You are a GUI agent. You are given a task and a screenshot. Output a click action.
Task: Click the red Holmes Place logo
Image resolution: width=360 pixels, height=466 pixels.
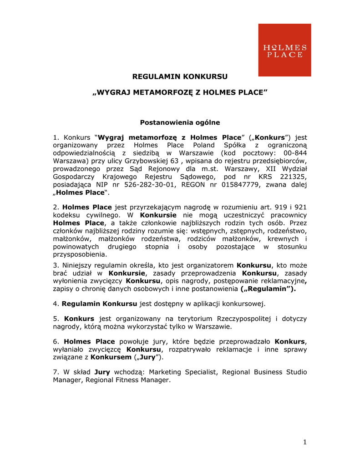tap(284, 50)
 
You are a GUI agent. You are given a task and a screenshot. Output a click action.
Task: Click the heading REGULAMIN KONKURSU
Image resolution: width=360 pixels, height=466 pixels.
tap(180, 76)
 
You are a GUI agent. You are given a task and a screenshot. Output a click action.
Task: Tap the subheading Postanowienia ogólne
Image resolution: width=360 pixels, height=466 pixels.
tap(180, 122)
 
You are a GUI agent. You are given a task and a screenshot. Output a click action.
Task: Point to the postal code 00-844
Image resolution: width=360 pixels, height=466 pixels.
tap(292, 153)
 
